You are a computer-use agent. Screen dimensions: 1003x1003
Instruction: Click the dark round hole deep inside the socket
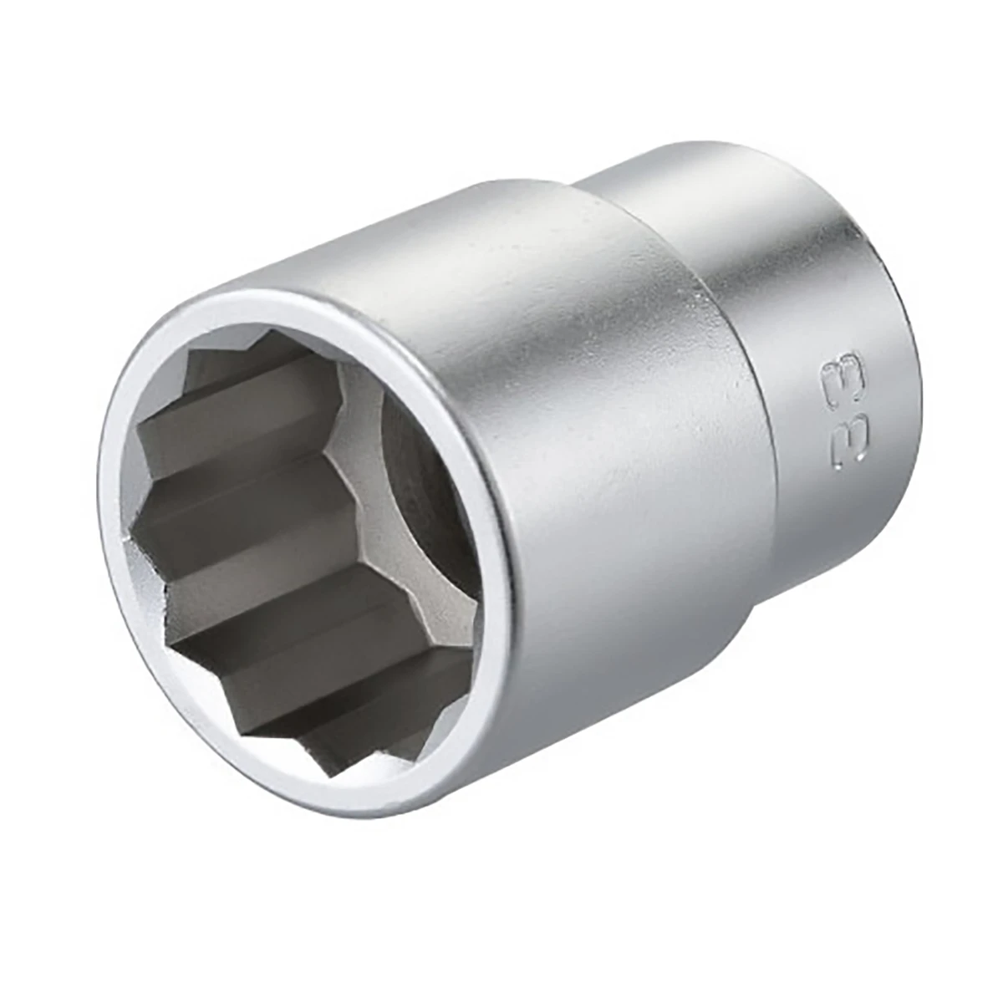(422, 493)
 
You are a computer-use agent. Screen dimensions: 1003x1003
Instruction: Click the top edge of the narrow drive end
(710, 150)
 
